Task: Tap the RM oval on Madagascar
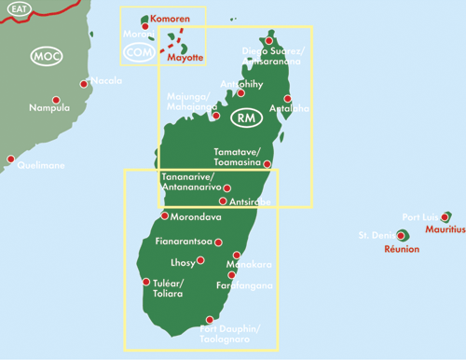click(x=246, y=118)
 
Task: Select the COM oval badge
click(x=139, y=53)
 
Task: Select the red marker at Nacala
click(x=84, y=84)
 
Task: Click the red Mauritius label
click(x=445, y=228)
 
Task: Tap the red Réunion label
click(x=401, y=249)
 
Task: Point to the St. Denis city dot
click(x=401, y=236)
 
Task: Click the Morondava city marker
click(x=165, y=216)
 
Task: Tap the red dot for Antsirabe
click(x=222, y=201)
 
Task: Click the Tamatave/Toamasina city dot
click(x=267, y=164)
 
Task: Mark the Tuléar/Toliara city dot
click(x=145, y=282)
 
